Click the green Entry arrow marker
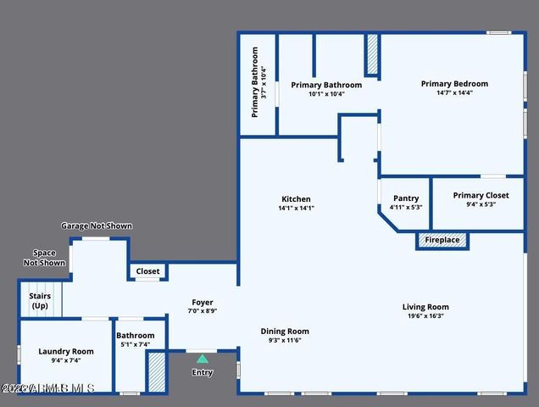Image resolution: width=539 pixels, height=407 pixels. (202, 359)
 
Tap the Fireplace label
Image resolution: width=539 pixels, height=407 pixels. (442, 241)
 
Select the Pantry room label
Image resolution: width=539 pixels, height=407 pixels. (406, 198)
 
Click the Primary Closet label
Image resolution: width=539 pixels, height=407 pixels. (481, 195)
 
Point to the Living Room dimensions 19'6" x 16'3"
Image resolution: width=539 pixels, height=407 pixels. (425, 316)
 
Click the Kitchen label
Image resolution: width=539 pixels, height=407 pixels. (295, 199)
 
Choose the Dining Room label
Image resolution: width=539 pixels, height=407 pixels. (284, 332)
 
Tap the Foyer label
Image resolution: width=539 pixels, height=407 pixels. (202, 303)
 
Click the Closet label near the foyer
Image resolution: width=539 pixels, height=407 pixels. (147, 271)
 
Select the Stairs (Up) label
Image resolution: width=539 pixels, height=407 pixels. (40, 301)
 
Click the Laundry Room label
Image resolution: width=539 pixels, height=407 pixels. (66, 351)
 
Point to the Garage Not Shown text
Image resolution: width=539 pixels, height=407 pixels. (97, 226)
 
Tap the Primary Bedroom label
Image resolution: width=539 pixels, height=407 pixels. (454, 84)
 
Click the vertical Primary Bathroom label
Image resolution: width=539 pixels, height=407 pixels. (254, 85)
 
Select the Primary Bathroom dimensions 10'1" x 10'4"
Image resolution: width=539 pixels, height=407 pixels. (325, 94)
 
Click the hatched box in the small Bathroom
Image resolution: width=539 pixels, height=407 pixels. (156, 371)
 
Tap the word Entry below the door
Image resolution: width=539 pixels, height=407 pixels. (202, 372)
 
